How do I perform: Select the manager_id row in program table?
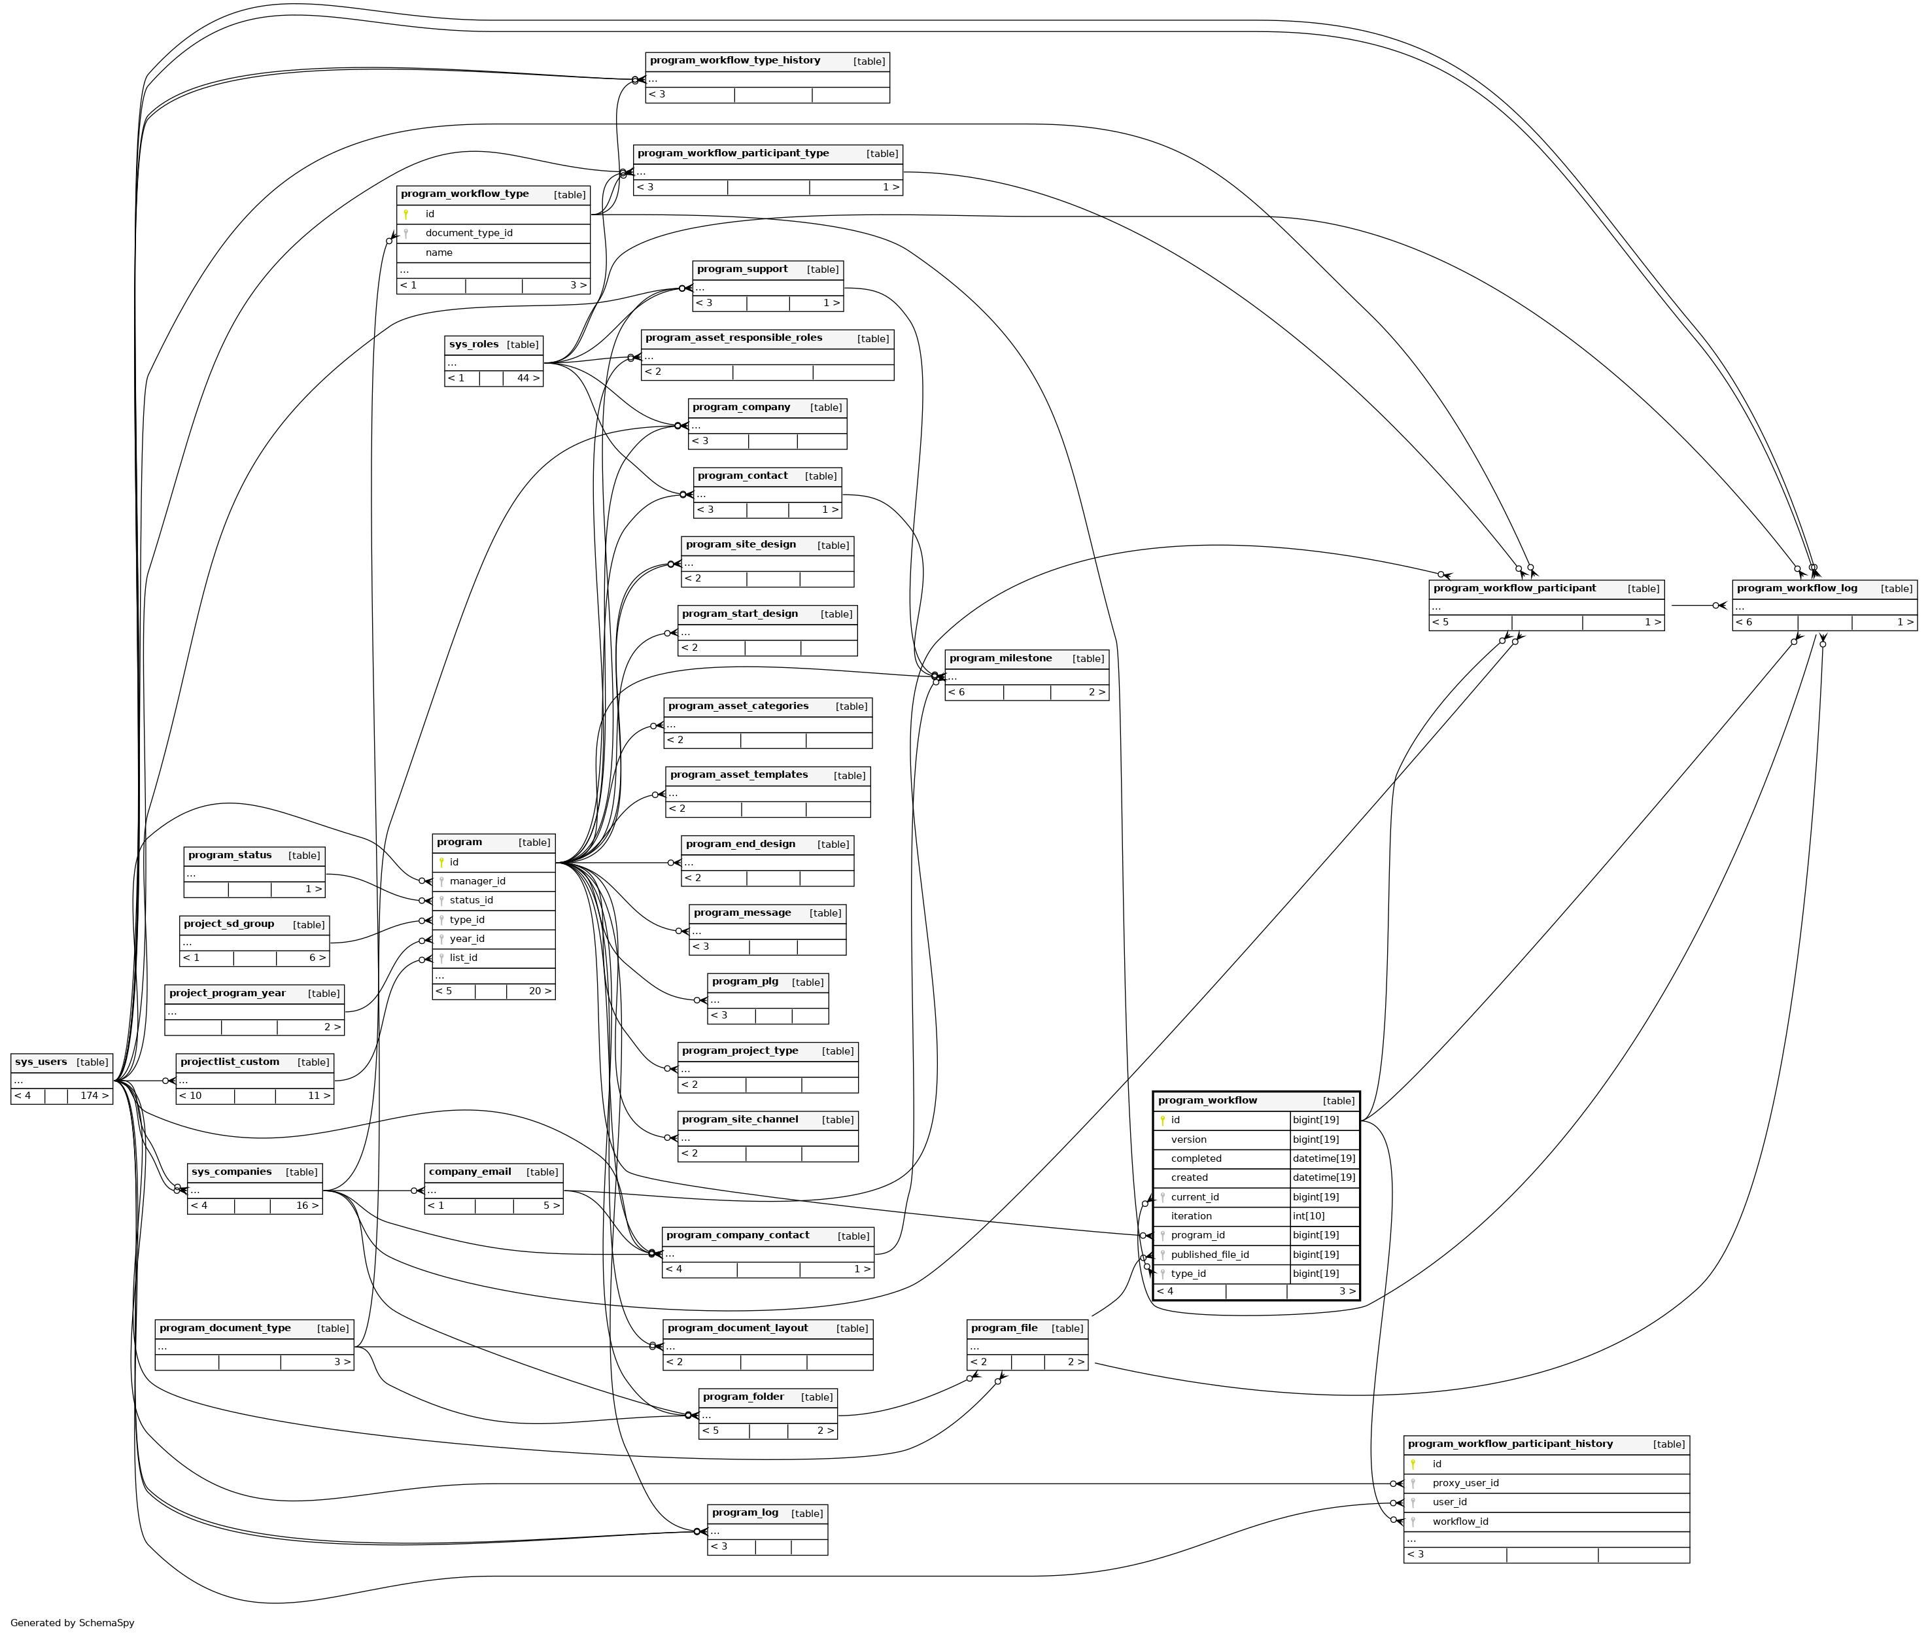coord(477,881)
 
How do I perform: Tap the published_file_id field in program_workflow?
coord(1209,1255)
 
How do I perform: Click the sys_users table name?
coord(41,1062)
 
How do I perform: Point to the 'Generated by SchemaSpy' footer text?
coord(73,1623)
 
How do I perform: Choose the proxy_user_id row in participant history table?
coord(1465,1483)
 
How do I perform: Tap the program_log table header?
coord(745,1512)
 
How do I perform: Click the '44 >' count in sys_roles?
coord(528,378)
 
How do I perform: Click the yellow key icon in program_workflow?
coord(1162,1121)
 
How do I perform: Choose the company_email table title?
coord(470,1172)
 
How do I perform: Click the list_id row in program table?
coord(464,958)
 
